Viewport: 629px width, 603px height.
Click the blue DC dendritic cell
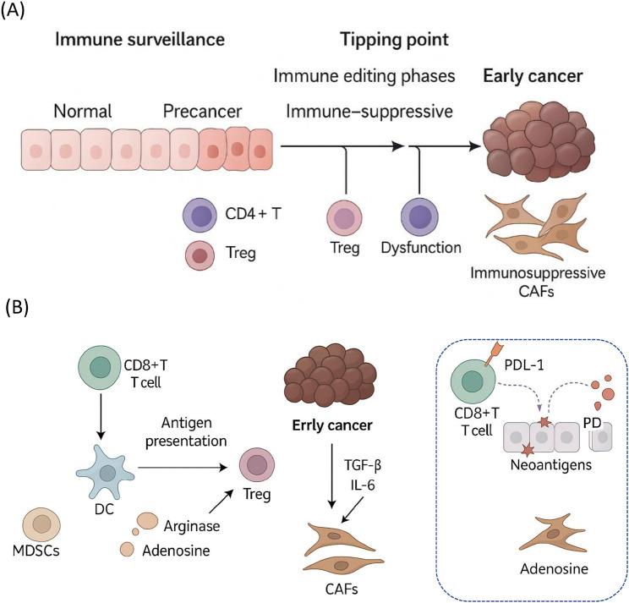point(106,452)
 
